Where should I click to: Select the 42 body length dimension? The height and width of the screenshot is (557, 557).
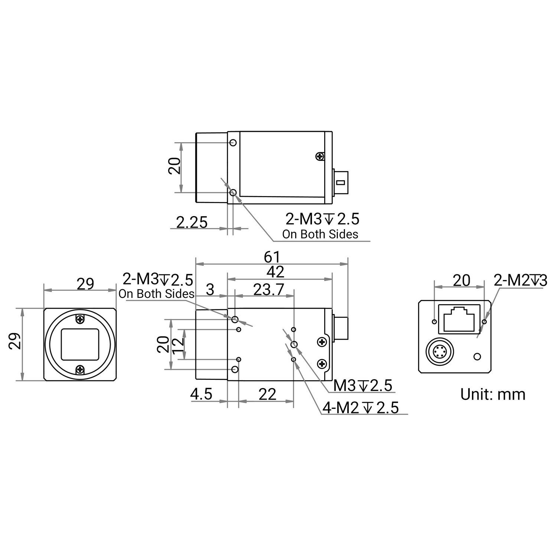tap(276, 272)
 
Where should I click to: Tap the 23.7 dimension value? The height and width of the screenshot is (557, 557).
tap(268, 289)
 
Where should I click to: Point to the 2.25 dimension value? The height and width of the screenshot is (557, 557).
tap(192, 222)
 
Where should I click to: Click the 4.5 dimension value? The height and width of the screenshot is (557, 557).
tap(201, 394)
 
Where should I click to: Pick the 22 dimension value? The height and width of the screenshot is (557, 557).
tap(268, 394)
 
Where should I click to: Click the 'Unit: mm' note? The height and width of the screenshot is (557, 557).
tap(493, 394)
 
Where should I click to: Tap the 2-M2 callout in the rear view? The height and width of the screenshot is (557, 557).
tap(520, 281)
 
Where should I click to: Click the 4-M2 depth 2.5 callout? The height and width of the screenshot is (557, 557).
tap(361, 408)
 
